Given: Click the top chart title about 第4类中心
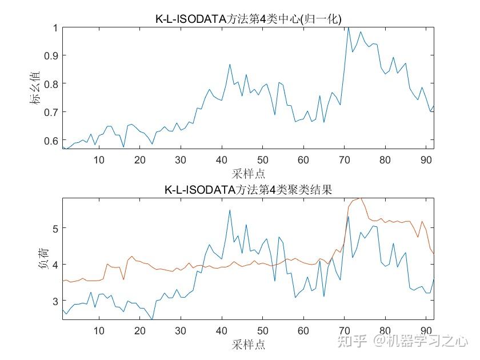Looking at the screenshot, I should click(x=248, y=18).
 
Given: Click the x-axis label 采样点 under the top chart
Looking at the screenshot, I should click(x=248, y=173).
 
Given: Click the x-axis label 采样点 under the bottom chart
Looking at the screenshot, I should click(x=248, y=344).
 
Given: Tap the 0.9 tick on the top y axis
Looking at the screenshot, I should click(x=50, y=55).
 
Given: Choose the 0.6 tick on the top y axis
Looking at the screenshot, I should click(x=50, y=141).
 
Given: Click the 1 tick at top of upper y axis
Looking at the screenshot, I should click(x=55, y=27).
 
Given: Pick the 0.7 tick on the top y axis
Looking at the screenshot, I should click(x=50, y=112).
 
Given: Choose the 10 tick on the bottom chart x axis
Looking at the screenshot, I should click(x=99, y=331).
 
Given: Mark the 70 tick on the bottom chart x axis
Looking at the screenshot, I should click(x=344, y=331).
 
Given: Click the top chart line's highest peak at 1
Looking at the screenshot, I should click(x=348, y=27).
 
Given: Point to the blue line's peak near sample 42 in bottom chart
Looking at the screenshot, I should click(x=230, y=210).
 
